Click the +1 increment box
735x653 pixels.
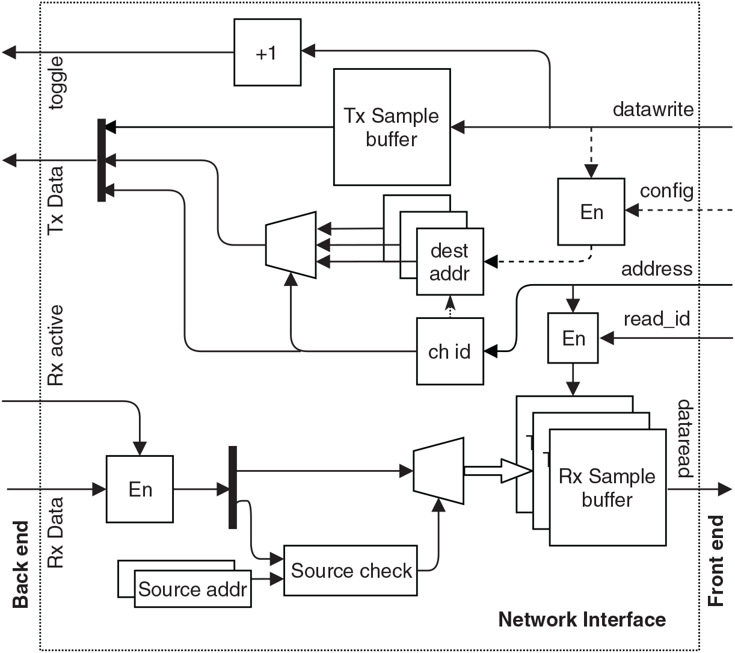[267, 52]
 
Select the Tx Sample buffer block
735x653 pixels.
[392, 127]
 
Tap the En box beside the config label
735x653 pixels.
[591, 212]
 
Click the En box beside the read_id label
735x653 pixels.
[573, 338]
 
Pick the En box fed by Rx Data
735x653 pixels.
[140, 489]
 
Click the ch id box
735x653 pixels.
[450, 351]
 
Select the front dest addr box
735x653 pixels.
[450, 262]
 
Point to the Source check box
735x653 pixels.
[351, 571]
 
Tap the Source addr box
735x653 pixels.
[192, 589]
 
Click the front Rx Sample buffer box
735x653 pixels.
[607, 487]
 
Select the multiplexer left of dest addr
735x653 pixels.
[291, 245]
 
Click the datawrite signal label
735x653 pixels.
[653, 110]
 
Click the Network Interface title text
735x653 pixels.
[582, 619]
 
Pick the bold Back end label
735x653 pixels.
[20, 565]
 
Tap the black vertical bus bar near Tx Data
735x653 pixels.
[102, 160]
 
